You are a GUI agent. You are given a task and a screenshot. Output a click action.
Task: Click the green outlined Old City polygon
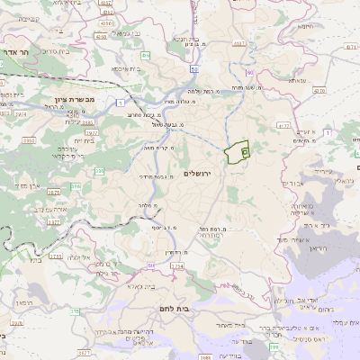click(x=238, y=153)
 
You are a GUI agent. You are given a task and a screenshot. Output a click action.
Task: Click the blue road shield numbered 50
click(x=194, y=68)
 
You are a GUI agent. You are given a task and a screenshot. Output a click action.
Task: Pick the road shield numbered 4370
click(x=319, y=91)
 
